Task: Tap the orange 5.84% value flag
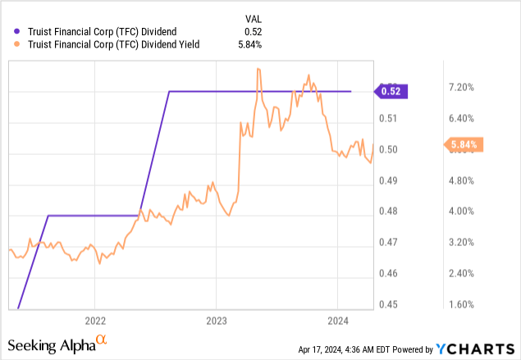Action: pyautogui.click(x=465, y=145)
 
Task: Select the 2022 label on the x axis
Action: pyautogui.click(x=95, y=320)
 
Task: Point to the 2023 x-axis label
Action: pyautogui.click(x=216, y=320)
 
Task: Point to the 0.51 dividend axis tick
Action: pyautogui.click(x=387, y=118)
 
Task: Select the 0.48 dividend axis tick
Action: pyautogui.click(x=387, y=212)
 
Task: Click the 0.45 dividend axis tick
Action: pyautogui.click(x=387, y=305)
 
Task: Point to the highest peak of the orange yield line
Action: pyautogui.click(x=258, y=70)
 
